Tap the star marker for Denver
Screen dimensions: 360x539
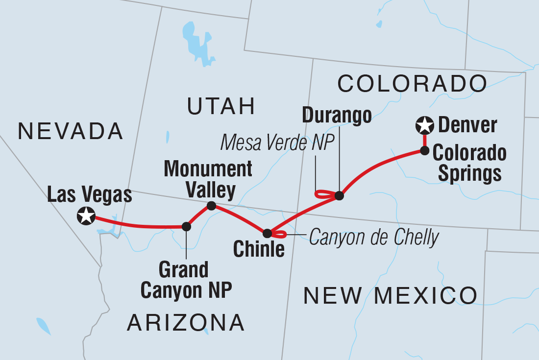(x=424, y=126)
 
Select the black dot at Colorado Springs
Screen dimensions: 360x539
(x=424, y=150)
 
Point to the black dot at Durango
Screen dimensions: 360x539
(x=339, y=196)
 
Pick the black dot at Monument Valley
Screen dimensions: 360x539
(x=211, y=206)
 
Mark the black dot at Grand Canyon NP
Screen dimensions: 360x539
(x=186, y=226)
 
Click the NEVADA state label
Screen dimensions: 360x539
(x=70, y=131)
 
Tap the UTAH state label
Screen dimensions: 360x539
(x=220, y=106)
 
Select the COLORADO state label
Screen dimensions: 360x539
(x=412, y=84)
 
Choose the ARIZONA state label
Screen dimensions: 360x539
(x=186, y=322)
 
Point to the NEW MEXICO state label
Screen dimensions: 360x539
(x=390, y=295)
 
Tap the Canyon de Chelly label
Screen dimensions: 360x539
(x=373, y=238)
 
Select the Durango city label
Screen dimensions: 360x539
(x=337, y=116)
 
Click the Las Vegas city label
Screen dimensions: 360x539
(x=90, y=195)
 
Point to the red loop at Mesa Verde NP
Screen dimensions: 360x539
(x=322, y=194)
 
